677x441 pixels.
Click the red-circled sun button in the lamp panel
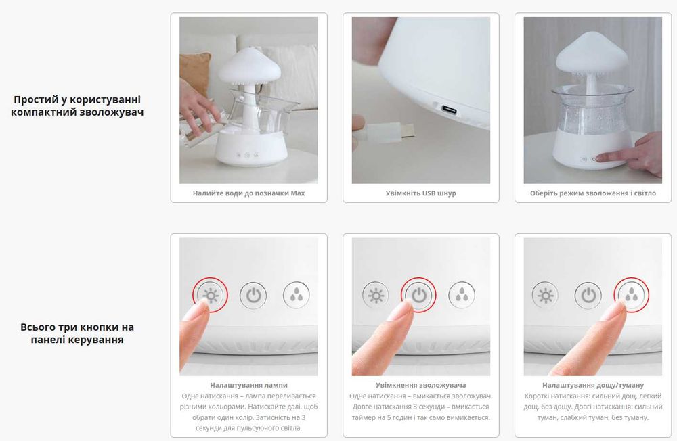210,295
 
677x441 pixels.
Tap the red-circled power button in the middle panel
418,295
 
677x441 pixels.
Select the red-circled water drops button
631,295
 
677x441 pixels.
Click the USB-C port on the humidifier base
450,110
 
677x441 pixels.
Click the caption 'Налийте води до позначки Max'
248,193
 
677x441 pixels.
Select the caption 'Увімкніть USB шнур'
421,193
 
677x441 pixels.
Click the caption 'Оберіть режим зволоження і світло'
593,193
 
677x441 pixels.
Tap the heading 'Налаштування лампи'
248,385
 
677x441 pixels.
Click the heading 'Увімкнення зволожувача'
421,385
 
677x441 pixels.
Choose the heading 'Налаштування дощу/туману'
593,385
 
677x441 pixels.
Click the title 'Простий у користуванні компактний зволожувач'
77,106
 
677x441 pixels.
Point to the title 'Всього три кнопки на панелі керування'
77,333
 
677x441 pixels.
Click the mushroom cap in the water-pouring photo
249,66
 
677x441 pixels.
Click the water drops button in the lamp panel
297,295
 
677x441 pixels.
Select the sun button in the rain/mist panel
545,296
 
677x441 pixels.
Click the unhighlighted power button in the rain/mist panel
588,296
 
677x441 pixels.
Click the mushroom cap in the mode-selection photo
592,53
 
